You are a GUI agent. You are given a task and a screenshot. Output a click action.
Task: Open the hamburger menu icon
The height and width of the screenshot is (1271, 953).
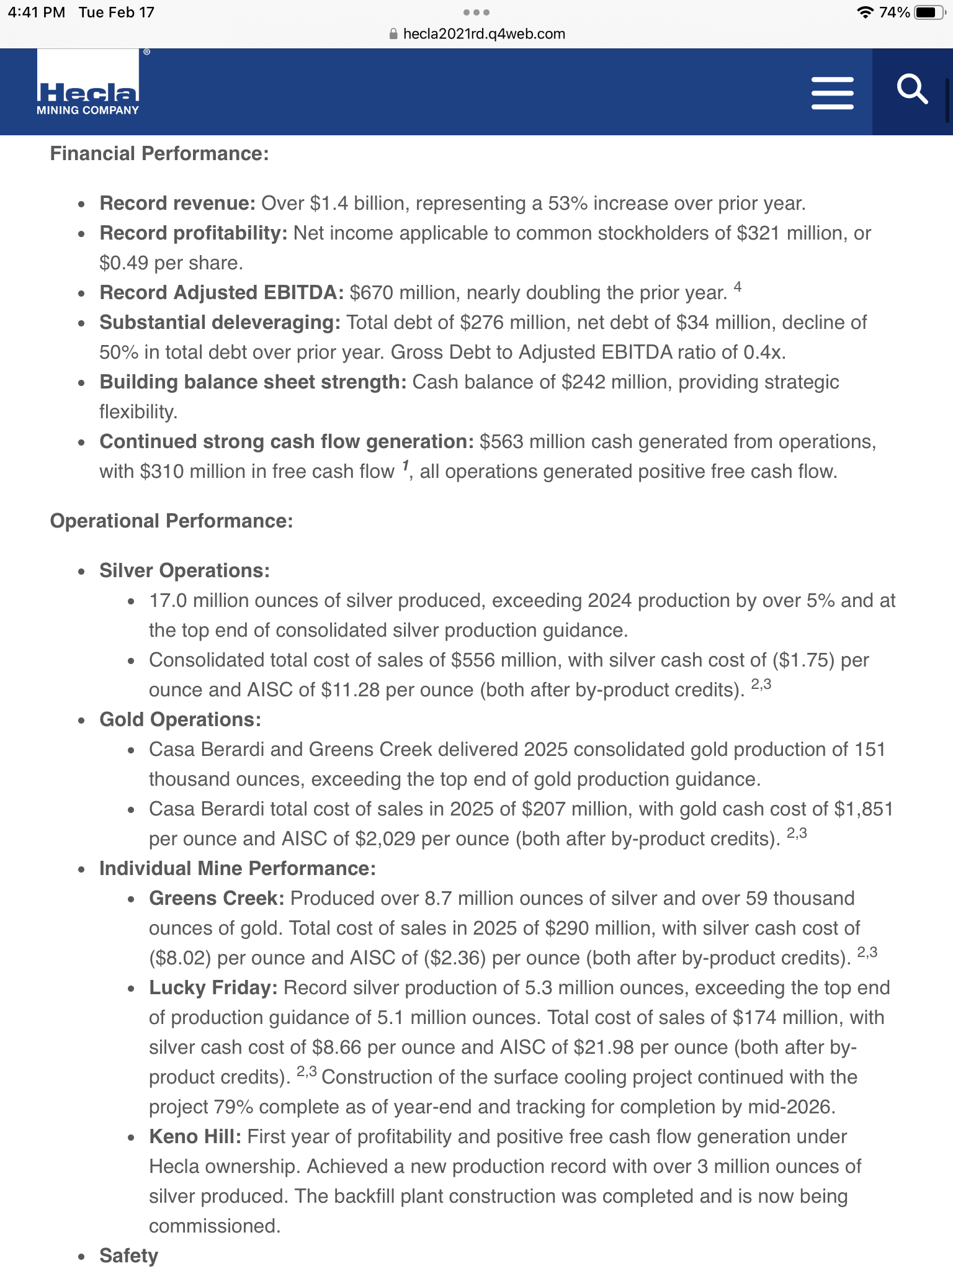click(x=832, y=93)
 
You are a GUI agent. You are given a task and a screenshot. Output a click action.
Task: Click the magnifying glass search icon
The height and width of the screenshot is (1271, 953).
click(x=912, y=90)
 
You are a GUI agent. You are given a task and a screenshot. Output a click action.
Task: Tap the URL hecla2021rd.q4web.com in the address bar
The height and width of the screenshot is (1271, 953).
click(x=484, y=34)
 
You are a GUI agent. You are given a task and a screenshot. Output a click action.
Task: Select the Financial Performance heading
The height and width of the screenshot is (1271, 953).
click(x=159, y=154)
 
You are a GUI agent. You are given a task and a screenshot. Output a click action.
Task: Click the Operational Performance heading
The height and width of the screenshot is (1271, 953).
click(x=171, y=521)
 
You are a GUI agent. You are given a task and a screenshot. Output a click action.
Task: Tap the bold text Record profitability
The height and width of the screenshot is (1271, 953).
click(x=193, y=233)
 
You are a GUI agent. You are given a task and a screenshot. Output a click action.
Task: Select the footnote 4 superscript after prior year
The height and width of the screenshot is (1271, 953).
click(x=737, y=287)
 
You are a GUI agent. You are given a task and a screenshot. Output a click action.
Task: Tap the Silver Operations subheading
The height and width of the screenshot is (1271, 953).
click(x=184, y=571)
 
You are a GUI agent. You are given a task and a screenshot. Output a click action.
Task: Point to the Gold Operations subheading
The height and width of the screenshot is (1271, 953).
click(x=180, y=720)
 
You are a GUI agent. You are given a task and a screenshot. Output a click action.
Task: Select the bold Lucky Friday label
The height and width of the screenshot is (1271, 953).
click(x=213, y=988)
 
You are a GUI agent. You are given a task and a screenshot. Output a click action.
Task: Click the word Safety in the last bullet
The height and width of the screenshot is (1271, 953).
click(x=128, y=1256)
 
